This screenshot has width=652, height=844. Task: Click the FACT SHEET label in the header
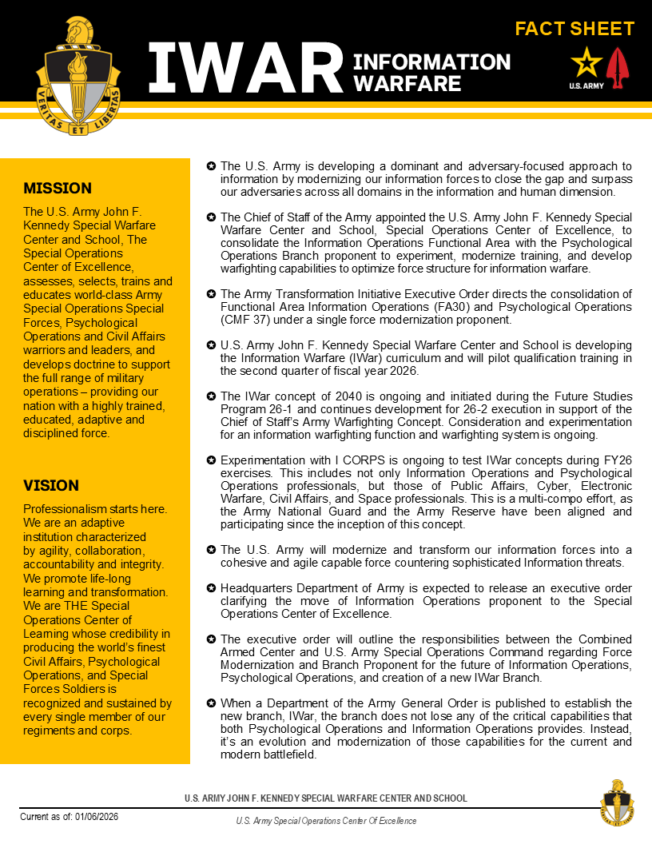pyautogui.click(x=574, y=30)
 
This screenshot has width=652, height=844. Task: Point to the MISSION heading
pyautogui.click(x=58, y=189)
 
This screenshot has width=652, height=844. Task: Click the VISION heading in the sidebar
pyautogui.click(x=51, y=485)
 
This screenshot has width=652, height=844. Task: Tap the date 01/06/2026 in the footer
pyautogui.click(x=97, y=816)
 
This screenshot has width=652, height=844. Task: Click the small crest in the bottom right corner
pyautogui.click(x=617, y=802)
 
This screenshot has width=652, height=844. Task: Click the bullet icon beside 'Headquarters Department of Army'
pyautogui.click(x=211, y=588)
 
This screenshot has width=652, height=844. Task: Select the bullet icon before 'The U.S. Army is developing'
pyautogui.click(x=211, y=166)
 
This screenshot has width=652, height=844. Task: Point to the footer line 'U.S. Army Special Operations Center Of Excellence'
pyautogui.click(x=326, y=821)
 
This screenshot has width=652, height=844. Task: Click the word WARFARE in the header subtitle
pyautogui.click(x=407, y=83)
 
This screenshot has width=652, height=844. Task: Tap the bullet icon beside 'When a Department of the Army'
pyautogui.click(x=211, y=703)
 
